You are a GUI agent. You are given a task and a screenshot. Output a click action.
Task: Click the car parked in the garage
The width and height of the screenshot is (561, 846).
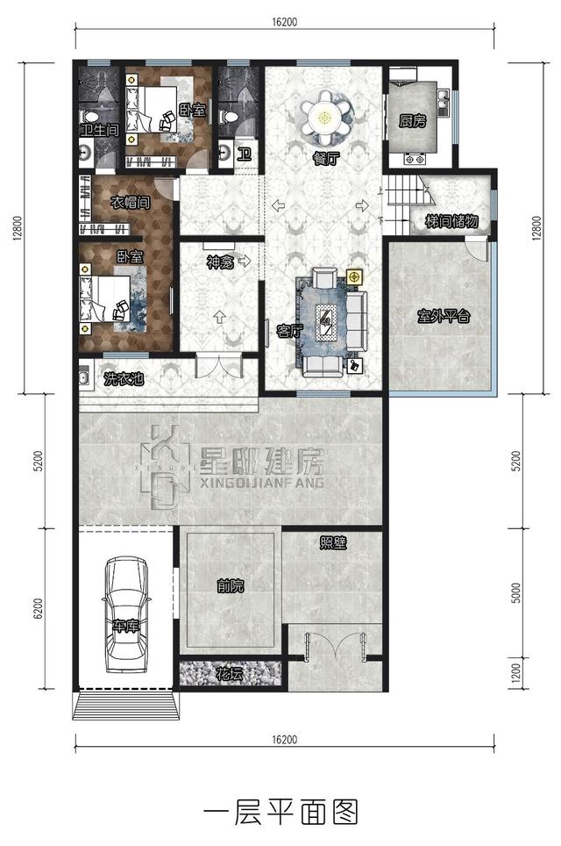pos(125,614)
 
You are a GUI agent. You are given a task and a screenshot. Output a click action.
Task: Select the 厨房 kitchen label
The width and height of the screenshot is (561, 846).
pos(412,121)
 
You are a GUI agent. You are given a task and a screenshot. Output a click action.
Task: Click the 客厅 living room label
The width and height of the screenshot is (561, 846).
pos(289,331)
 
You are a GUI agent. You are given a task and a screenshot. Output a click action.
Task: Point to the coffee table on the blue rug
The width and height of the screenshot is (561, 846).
pos(327,322)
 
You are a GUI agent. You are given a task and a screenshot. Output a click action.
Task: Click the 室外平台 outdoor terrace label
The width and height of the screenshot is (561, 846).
pos(444,316)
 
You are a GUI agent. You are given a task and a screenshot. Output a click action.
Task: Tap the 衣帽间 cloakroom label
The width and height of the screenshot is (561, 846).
pos(130,203)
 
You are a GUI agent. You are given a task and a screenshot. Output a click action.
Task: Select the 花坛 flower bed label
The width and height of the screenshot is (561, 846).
pos(229,674)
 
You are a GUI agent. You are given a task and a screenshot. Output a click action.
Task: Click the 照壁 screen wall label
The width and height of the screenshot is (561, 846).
pos(332,542)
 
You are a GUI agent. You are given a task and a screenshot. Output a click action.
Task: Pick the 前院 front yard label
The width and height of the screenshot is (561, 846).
pos(231,585)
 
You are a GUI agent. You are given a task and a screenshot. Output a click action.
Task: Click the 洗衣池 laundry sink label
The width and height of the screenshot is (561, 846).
pos(124,379)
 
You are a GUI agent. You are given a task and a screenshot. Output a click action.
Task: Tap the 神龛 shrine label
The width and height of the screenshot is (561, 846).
pos(220,262)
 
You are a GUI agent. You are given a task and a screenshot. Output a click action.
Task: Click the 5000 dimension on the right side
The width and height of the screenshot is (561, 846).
pos(516,592)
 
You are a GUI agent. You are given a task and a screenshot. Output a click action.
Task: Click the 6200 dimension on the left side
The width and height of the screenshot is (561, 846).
pos(37,608)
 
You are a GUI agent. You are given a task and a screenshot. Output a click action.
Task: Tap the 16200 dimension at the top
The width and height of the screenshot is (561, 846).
pos(284,22)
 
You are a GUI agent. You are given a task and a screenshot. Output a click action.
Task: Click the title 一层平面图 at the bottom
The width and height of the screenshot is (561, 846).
pos(280,812)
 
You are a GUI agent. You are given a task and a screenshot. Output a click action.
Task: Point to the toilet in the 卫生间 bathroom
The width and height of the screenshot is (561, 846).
pos(88,116)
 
